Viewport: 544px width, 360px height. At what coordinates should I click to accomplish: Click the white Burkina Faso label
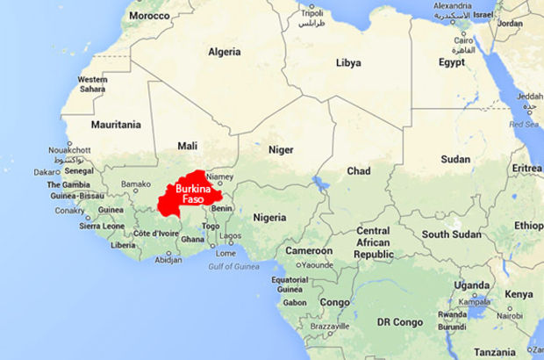pyautogui.click(x=192, y=195)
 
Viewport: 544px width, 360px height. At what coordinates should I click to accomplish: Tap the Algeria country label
pyautogui.click(x=224, y=52)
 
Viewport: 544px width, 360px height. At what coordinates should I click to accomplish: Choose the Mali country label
pyautogui.click(x=187, y=145)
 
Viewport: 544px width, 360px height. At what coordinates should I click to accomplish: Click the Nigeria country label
pyautogui.click(x=270, y=217)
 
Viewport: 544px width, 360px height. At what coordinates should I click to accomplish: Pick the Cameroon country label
pyautogui.click(x=307, y=250)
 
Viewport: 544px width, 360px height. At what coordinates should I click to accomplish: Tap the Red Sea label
pyautogui.click(x=525, y=125)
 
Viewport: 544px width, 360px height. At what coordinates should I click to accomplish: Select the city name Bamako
pyautogui.click(x=135, y=184)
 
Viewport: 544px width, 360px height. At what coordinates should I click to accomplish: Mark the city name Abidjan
pyautogui.click(x=168, y=259)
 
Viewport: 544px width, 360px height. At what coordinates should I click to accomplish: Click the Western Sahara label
pyautogui.click(x=92, y=83)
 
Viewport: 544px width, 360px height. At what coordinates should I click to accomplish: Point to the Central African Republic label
pyautogui.click(x=372, y=241)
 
